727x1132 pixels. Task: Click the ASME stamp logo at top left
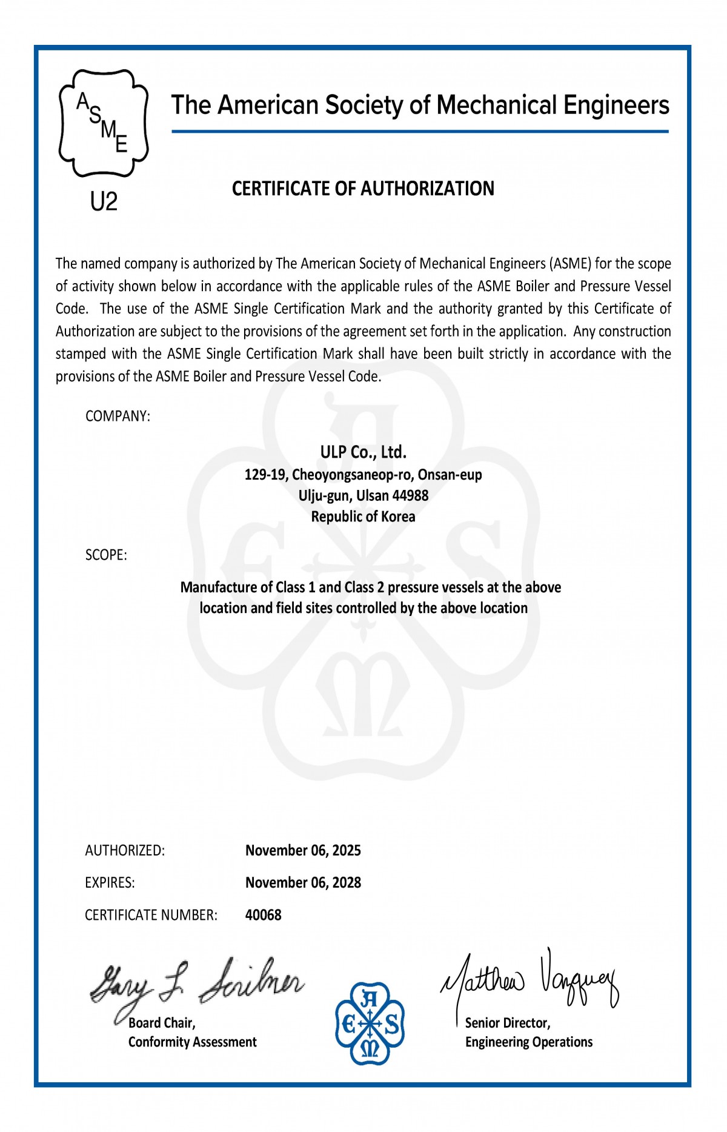tap(104, 123)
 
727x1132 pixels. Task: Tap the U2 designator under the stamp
tap(104, 201)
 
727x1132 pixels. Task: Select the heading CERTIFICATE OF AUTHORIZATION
tap(363, 189)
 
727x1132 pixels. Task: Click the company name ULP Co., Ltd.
tap(363, 452)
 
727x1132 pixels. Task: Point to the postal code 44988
tap(410, 496)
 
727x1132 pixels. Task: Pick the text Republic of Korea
tap(363, 517)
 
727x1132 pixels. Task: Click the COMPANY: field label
tap(118, 417)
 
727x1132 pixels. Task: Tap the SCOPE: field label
tap(106, 555)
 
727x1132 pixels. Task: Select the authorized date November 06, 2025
tap(303, 851)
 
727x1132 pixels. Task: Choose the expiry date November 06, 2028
tap(303, 883)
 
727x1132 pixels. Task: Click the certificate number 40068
tap(263, 915)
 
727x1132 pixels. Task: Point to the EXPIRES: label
tap(110, 883)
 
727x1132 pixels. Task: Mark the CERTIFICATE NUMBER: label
tap(151, 915)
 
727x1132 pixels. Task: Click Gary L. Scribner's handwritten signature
tap(197, 984)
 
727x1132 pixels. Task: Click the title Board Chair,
tap(162, 1023)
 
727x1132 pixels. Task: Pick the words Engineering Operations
tap(529, 1042)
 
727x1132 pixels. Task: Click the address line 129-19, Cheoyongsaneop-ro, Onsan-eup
tap(363, 475)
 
